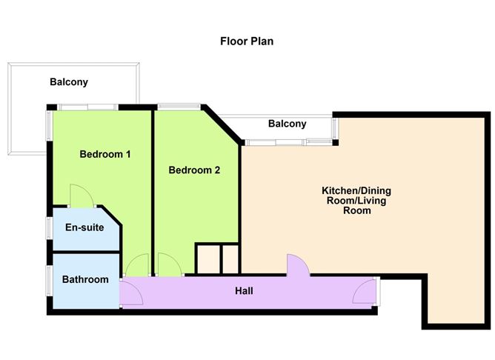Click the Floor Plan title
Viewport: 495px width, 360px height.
(x=247, y=41)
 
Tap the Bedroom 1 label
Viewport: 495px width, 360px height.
(x=105, y=154)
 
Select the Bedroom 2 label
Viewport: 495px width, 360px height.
(x=194, y=170)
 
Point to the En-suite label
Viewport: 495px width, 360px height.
(x=84, y=227)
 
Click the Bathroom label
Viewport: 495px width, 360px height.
(x=85, y=279)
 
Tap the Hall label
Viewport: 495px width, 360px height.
(x=244, y=290)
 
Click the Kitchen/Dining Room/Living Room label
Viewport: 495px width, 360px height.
(x=356, y=200)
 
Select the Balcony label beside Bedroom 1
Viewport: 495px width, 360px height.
(x=69, y=82)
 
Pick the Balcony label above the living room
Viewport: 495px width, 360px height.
(x=288, y=124)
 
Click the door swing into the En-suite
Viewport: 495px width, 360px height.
(x=82, y=196)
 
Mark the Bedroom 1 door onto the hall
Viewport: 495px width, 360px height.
(x=137, y=265)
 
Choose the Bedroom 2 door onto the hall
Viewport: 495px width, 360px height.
(x=170, y=264)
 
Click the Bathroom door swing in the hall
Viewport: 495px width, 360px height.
(x=132, y=293)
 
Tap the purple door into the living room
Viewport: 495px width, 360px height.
(x=298, y=265)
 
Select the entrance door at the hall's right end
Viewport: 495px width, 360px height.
(x=364, y=292)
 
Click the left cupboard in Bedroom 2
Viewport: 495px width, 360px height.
(x=209, y=259)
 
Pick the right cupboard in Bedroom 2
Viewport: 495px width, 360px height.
(x=230, y=259)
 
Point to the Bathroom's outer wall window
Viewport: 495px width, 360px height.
(x=50, y=281)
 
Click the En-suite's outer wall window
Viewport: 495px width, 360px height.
(x=50, y=228)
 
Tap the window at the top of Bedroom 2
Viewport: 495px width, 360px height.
(x=179, y=107)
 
